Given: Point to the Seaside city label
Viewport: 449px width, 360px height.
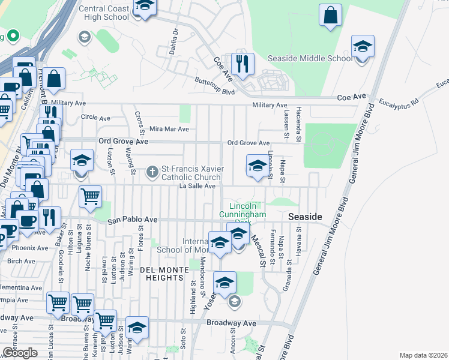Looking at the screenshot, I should pos(306,216).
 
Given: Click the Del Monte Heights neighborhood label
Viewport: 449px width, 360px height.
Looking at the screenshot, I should pos(161,274).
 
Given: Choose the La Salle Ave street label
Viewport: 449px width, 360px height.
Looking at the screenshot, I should pos(197,187).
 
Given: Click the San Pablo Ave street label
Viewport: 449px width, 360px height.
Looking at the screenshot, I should pos(132,220).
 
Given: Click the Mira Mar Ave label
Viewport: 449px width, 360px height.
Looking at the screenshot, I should pos(169,129).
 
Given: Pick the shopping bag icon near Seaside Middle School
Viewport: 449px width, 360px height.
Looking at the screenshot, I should pos(330,16).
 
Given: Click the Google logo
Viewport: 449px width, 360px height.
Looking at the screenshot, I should pos(20,353).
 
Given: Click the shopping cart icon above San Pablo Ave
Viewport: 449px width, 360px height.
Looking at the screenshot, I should pos(90,197).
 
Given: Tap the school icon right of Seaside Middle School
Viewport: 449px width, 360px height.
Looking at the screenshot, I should pos(363,47).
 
